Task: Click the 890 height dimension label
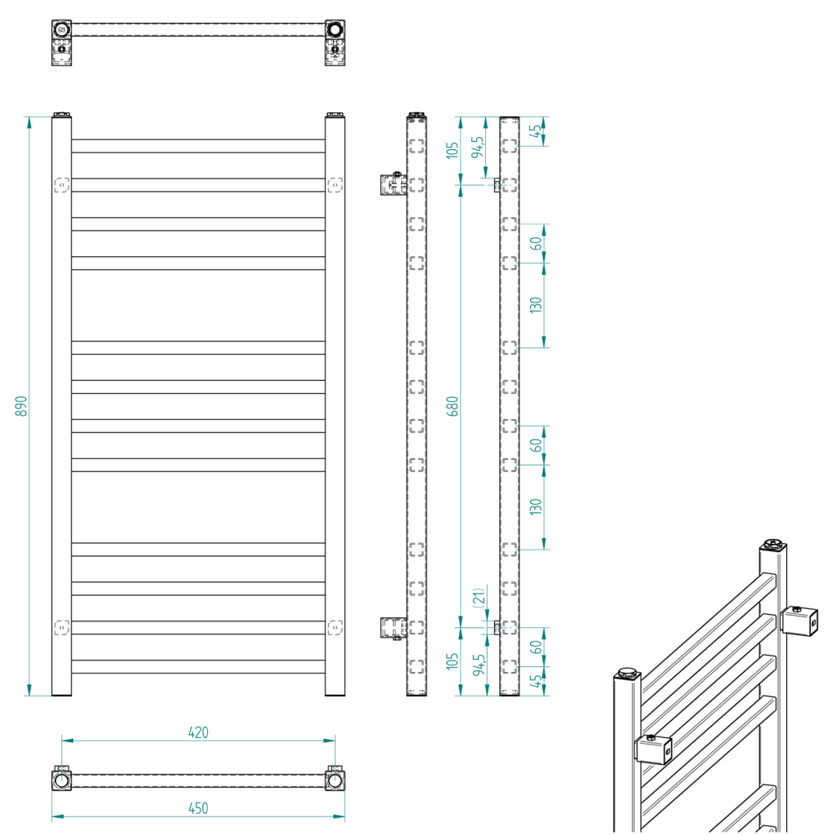tap(22, 406)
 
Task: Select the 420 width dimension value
tap(198, 732)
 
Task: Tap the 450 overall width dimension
tap(198, 808)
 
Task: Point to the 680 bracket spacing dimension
tap(453, 406)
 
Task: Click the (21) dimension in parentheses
tap(479, 597)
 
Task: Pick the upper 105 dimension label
tap(453, 150)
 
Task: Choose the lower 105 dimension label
tap(453, 661)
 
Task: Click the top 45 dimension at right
tap(536, 131)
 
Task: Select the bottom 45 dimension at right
tap(536, 682)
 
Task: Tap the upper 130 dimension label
tap(536, 305)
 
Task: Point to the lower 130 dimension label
tap(536, 507)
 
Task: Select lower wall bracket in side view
tap(393, 628)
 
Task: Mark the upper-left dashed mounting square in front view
tap(61, 185)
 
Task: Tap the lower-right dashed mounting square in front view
tap(335, 627)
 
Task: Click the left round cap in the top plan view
tap(62, 30)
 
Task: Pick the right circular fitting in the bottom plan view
tap(335, 780)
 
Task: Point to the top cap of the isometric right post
tap(772, 544)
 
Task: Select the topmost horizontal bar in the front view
tap(198, 146)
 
